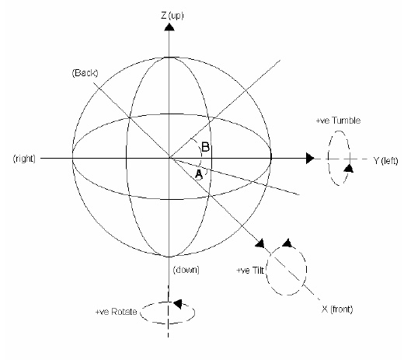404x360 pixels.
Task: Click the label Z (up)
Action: (172, 16)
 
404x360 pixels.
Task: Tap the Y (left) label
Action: (385, 161)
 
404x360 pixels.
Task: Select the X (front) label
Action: (337, 309)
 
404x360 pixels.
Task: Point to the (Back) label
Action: (85, 73)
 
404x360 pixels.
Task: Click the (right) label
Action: (24, 158)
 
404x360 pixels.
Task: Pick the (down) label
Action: (186, 270)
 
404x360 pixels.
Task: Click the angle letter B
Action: (205, 147)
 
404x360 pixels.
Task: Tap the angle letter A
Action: (199, 174)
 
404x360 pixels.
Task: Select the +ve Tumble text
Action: (338, 121)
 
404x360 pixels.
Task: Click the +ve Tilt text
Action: (250, 271)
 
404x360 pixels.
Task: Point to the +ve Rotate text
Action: (116, 312)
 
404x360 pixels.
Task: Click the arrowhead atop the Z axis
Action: (169, 27)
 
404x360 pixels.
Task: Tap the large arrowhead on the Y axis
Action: (310, 158)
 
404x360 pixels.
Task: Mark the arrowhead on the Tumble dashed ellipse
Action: (349, 168)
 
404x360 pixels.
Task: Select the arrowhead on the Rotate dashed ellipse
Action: (178, 304)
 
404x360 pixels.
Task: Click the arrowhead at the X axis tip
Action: (260, 243)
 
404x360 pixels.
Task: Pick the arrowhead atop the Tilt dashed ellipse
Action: (287, 243)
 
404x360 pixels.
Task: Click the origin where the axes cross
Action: (169, 158)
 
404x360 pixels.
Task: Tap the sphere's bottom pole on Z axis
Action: (169, 257)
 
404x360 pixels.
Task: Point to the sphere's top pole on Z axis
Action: (169, 58)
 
